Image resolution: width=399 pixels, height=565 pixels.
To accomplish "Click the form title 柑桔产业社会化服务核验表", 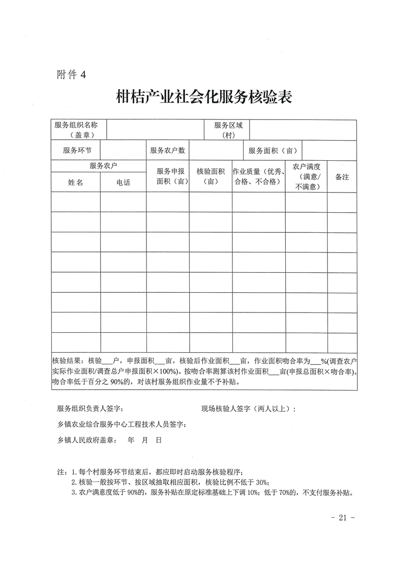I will click(x=204, y=96).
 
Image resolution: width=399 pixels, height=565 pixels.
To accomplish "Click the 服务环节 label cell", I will click(x=77, y=150).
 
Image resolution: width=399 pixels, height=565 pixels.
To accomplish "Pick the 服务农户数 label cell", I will click(x=168, y=150).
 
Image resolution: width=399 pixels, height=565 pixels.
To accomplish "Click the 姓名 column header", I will click(x=75, y=182).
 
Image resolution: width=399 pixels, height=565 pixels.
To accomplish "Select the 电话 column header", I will click(x=123, y=182).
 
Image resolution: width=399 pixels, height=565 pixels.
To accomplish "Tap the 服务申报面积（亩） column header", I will click(x=168, y=176).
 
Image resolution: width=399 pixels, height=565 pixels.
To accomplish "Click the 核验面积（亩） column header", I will click(x=210, y=176).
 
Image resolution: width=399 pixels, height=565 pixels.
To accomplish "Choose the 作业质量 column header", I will click(x=259, y=176).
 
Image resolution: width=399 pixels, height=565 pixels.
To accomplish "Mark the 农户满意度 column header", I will click(x=306, y=176).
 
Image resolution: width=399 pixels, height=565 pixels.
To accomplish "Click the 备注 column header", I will click(x=342, y=177).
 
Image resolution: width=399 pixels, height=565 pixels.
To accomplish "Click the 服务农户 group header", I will click(x=99, y=166).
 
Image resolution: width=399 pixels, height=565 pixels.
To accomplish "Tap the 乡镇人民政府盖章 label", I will click(x=86, y=440).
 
